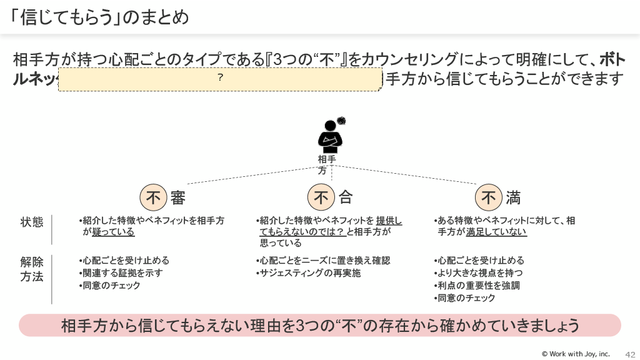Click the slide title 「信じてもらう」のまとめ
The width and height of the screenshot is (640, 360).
click(x=100, y=17)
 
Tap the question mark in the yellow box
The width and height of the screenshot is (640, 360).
click(x=220, y=78)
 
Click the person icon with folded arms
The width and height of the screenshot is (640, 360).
click(x=330, y=134)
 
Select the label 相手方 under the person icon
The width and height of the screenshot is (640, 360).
click(x=326, y=164)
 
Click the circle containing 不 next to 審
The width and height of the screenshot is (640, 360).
click(x=153, y=198)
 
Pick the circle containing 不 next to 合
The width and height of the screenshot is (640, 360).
click(x=321, y=198)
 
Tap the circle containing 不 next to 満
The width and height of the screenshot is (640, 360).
click(x=489, y=198)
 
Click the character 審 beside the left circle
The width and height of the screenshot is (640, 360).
click(x=177, y=198)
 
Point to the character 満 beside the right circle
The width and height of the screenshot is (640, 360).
click(x=513, y=198)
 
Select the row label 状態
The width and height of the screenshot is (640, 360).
click(x=32, y=222)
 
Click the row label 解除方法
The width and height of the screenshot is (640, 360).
click(x=32, y=269)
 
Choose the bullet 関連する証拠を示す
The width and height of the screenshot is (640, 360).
click(x=124, y=273)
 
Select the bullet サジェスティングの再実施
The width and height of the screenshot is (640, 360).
click(x=311, y=273)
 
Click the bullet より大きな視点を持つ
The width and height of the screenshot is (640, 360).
click(x=480, y=273)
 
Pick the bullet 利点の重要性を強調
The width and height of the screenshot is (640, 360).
click(x=479, y=286)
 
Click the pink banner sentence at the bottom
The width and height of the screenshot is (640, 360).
click(x=320, y=326)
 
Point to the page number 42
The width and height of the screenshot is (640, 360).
click(x=629, y=354)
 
